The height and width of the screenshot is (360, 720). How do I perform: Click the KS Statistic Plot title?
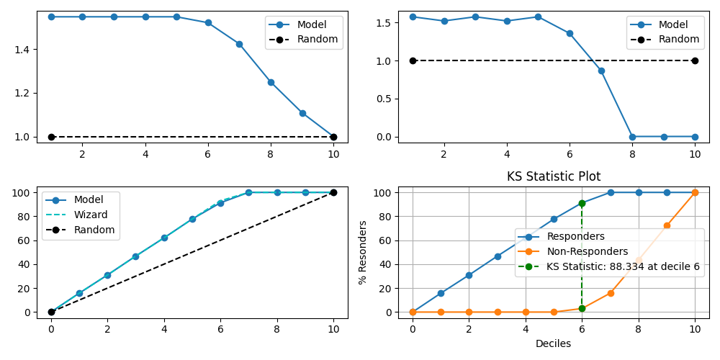(553, 176)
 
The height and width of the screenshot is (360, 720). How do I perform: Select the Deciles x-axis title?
(553, 343)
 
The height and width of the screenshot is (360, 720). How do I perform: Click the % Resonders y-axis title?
(363, 252)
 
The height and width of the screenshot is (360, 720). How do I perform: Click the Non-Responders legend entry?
(588, 251)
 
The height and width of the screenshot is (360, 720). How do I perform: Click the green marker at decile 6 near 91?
(582, 204)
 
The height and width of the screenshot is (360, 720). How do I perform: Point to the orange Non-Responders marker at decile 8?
(639, 259)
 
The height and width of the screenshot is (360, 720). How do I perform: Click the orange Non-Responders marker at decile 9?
(667, 225)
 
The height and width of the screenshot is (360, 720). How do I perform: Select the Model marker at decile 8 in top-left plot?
(271, 82)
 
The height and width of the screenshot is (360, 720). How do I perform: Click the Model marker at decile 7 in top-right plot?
(601, 71)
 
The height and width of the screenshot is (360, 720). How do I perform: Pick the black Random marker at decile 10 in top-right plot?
(695, 60)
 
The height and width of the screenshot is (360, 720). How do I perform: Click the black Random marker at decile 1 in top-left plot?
(51, 137)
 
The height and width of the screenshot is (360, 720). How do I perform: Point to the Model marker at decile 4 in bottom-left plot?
(164, 238)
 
